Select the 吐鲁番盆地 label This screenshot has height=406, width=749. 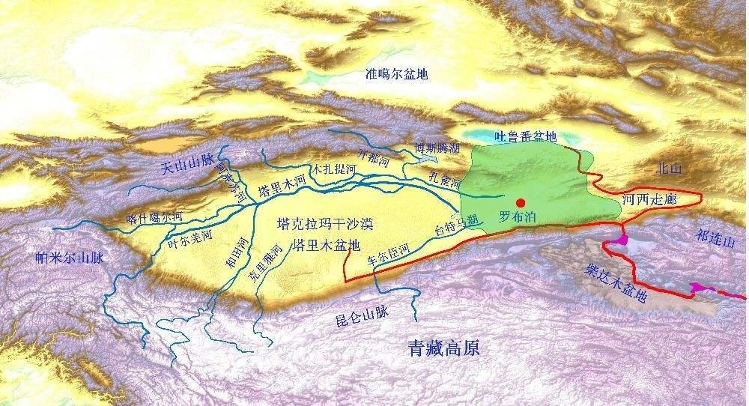point(527,136)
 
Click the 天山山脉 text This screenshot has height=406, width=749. point(189,168)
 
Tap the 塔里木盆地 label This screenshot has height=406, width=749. point(327,244)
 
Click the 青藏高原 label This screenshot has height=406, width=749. point(443,348)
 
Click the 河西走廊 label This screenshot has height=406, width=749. point(649,199)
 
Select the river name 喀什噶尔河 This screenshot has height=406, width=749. point(154,217)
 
